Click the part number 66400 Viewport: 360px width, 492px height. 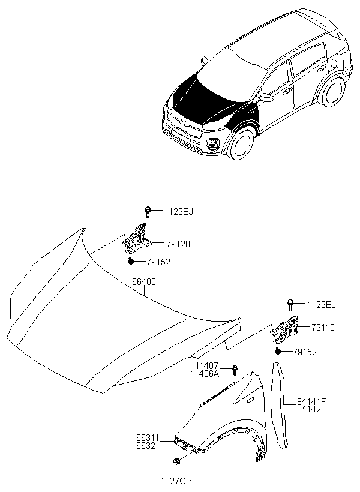coord(144,281)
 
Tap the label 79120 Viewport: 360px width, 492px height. coord(178,244)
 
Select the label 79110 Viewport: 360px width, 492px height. coord(323,328)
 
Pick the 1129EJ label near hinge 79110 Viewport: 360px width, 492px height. coord(322,305)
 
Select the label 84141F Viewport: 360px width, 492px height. coord(311,401)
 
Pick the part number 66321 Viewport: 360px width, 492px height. coord(148,448)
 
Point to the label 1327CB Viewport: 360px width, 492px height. coord(175,481)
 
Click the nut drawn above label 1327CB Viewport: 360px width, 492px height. coord(176,461)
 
